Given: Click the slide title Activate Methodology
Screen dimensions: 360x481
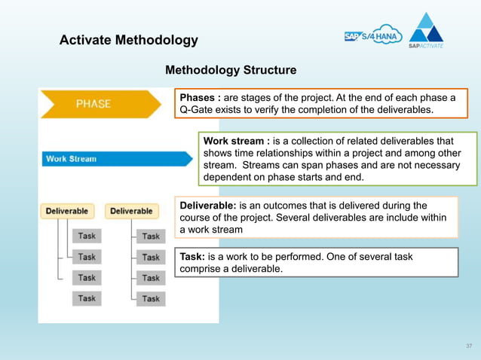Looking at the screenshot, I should (128, 40).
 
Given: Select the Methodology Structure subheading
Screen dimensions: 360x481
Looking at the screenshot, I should (230, 70).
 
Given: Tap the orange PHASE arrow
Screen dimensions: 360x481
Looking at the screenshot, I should (98, 104).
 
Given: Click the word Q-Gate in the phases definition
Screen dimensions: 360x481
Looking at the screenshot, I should (195, 110).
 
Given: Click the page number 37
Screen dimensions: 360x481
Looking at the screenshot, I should (468, 346).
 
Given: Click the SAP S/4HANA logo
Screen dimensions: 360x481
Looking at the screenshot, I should (372, 37).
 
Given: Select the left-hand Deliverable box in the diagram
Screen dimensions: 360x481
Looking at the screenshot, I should (67, 211).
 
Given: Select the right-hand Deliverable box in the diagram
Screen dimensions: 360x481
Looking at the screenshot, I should (130, 211).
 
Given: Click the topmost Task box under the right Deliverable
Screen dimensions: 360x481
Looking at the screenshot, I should (151, 236).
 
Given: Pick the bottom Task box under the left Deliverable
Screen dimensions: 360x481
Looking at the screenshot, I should (87, 298).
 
